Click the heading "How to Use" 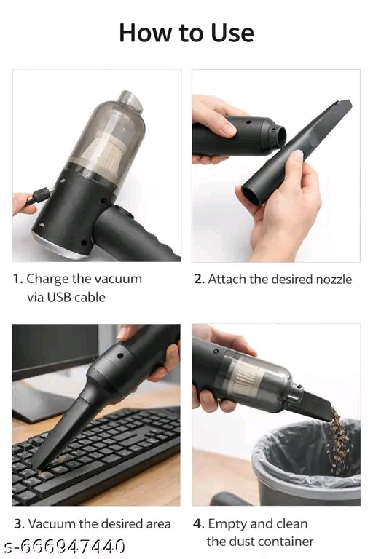tap(186, 33)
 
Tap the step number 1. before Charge tap(18, 279)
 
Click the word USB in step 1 tap(59, 297)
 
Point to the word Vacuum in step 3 tap(50, 524)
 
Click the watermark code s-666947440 tap(63, 546)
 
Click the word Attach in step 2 tap(228, 279)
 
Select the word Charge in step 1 tap(48, 279)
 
